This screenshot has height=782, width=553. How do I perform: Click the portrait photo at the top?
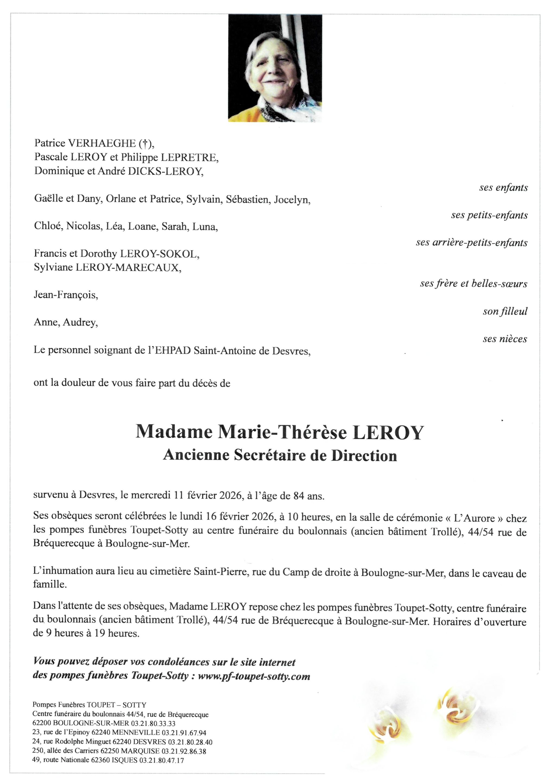pyautogui.click(x=275, y=68)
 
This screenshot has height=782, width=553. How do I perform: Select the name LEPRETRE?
pyautogui.click(x=189, y=157)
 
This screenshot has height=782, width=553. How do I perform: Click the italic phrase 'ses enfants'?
pyautogui.click(x=503, y=187)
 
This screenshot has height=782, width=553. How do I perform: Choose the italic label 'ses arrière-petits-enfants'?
pyautogui.click(x=471, y=242)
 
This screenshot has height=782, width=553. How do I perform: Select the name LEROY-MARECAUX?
pyautogui.click(x=128, y=267)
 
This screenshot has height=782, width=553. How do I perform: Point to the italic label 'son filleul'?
pyautogui.click(x=505, y=311)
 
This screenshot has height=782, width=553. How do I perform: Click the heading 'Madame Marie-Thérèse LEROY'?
pyautogui.click(x=280, y=432)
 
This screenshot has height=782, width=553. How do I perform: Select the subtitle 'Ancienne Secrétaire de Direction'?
pyautogui.click(x=280, y=456)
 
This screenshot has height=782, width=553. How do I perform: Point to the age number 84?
pyautogui.click(x=298, y=496)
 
